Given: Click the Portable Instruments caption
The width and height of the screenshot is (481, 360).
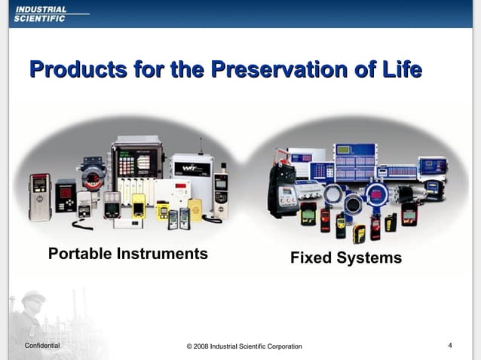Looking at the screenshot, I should (x=127, y=254).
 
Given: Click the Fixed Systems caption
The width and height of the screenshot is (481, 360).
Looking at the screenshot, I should (x=346, y=258).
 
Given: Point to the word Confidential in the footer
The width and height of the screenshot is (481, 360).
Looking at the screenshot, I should (x=42, y=345).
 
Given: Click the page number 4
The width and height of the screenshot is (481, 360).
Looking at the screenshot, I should (x=450, y=345).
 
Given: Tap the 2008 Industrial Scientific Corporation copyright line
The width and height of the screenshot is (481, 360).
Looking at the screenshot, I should (x=244, y=346).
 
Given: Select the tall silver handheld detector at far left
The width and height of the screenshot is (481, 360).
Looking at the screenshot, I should (x=40, y=197).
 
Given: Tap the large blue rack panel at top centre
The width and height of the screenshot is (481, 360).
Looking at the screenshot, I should (x=355, y=162).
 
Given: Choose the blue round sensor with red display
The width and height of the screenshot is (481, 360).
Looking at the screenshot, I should (x=374, y=197).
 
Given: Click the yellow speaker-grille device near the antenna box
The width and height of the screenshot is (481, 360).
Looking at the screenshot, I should (x=195, y=209).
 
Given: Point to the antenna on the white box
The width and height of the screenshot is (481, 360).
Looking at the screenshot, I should (x=201, y=145).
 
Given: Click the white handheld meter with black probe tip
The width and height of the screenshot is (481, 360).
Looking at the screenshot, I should (x=222, y=191).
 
